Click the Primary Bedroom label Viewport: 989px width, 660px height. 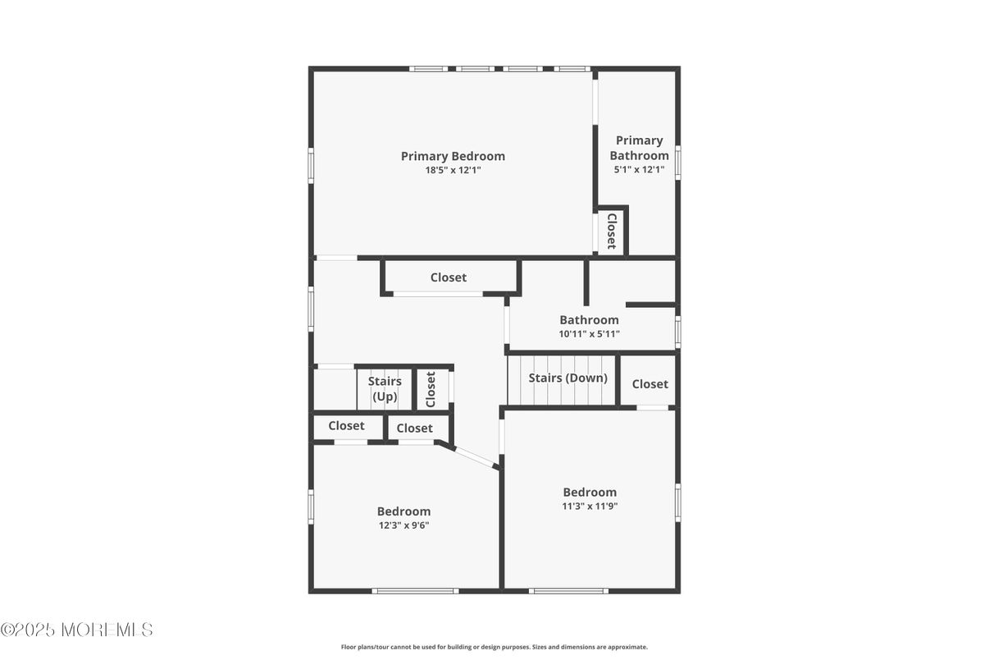coord(453,156)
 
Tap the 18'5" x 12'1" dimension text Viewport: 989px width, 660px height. coord(453,170)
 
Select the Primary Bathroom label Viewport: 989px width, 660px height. coord(639,148)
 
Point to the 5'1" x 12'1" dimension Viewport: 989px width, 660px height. coord(639,169)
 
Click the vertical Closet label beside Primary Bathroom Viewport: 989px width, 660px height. coord(612,231)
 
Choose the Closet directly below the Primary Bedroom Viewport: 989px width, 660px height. coord(448,277)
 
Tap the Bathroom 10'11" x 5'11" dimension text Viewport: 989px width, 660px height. coord(589,334)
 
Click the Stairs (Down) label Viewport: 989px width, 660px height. coord(567,378)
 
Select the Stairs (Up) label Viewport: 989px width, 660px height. coord(385,389)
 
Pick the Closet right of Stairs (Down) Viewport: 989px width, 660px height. coord(650,384)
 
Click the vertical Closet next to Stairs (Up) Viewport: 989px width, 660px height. coord(431,389)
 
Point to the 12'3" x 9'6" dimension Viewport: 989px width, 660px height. coord(403,525)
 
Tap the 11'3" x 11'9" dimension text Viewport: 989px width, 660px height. coord(590,506)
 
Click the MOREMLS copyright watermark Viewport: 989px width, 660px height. coord(77,630)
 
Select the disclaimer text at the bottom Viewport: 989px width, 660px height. coord(494,647)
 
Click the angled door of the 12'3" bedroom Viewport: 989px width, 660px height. coord(474,456)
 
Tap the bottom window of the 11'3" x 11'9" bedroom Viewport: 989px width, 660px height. coord(568,591)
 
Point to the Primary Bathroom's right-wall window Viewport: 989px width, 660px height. coord(677,163)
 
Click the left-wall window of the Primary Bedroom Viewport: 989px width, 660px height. coord(311,165)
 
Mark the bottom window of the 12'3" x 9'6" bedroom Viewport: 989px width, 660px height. coord(415,591)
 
